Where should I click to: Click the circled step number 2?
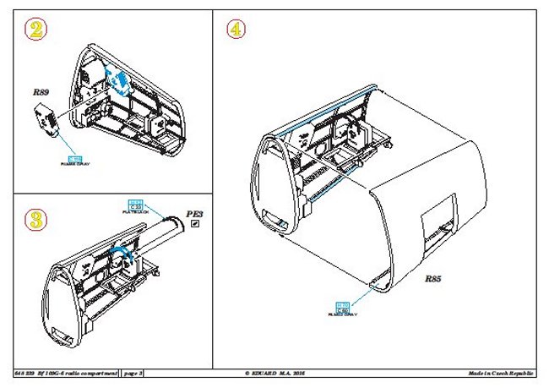[35, 30]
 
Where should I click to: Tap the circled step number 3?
[35, 218]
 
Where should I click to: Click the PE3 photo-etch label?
[196, 215]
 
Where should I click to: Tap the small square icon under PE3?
[195, 225]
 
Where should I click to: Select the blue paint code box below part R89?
[73, 159]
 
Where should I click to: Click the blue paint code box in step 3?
[133, 204]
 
